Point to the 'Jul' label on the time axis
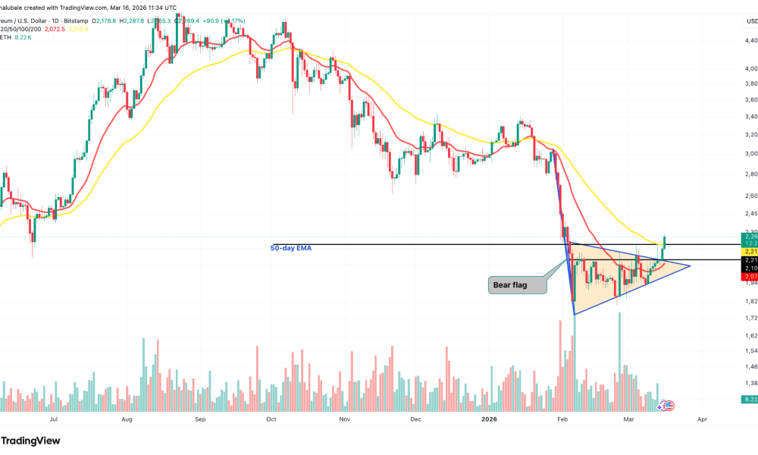[53, 418]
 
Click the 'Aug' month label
[127, 418]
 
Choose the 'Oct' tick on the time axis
[271, 418]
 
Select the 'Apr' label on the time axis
[702, 418]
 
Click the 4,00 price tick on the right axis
[750, 69]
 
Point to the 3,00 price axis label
[750, 153]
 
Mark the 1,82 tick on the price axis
[750, 300]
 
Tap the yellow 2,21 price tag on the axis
[749, 251]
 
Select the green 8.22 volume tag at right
[749, 398]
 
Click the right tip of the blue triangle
[691, 265]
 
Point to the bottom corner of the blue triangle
[575, 314]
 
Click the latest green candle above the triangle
[664, 241]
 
